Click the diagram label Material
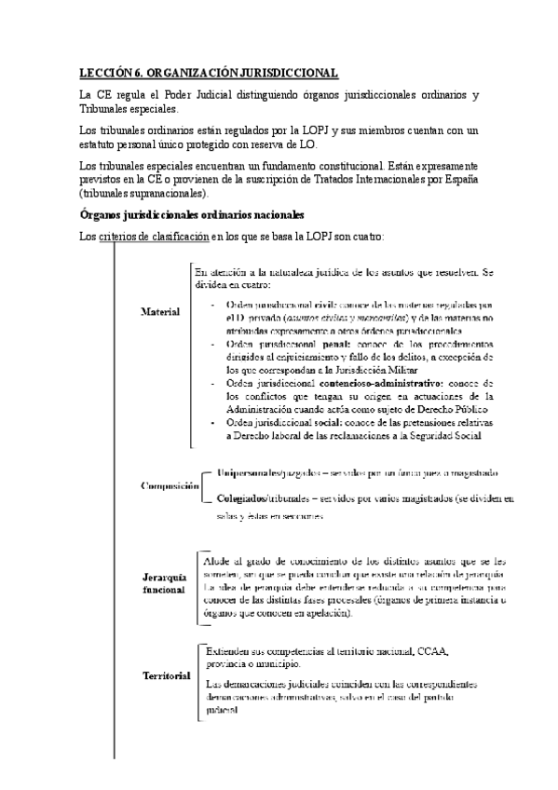coord(159,311)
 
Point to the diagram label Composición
coord(170,485)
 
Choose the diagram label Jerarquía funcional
coord(152,584)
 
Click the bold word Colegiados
coord(240,499)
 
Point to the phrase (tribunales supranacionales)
coord(144,194)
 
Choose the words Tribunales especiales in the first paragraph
coord(126,109)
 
